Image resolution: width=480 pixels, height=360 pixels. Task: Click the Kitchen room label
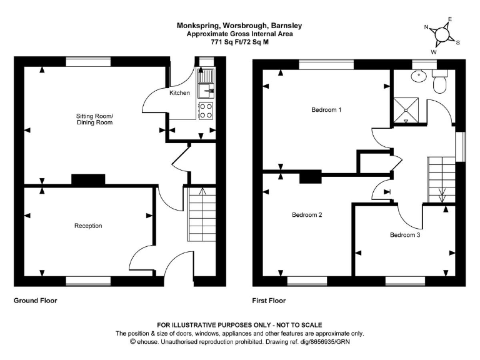pos(179,93)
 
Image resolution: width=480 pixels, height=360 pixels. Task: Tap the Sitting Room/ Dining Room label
pos(94,119)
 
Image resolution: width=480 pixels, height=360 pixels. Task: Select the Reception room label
pos(88,226)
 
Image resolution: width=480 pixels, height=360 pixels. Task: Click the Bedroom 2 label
pos(307,215)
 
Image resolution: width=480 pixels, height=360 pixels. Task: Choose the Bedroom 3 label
pos(405,235)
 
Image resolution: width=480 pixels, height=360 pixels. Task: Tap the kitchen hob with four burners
pos(206,111)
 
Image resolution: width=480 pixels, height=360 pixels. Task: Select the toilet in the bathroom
pos(441,82)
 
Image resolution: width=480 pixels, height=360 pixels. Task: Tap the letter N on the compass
pos(426,27)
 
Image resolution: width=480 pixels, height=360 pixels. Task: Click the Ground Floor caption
pos(36,301)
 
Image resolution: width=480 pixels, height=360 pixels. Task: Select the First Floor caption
pos(269,301)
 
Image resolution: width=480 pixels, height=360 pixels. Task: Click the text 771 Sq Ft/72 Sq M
pos(240,42)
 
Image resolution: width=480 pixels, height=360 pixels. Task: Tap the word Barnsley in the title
pos(286,26)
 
